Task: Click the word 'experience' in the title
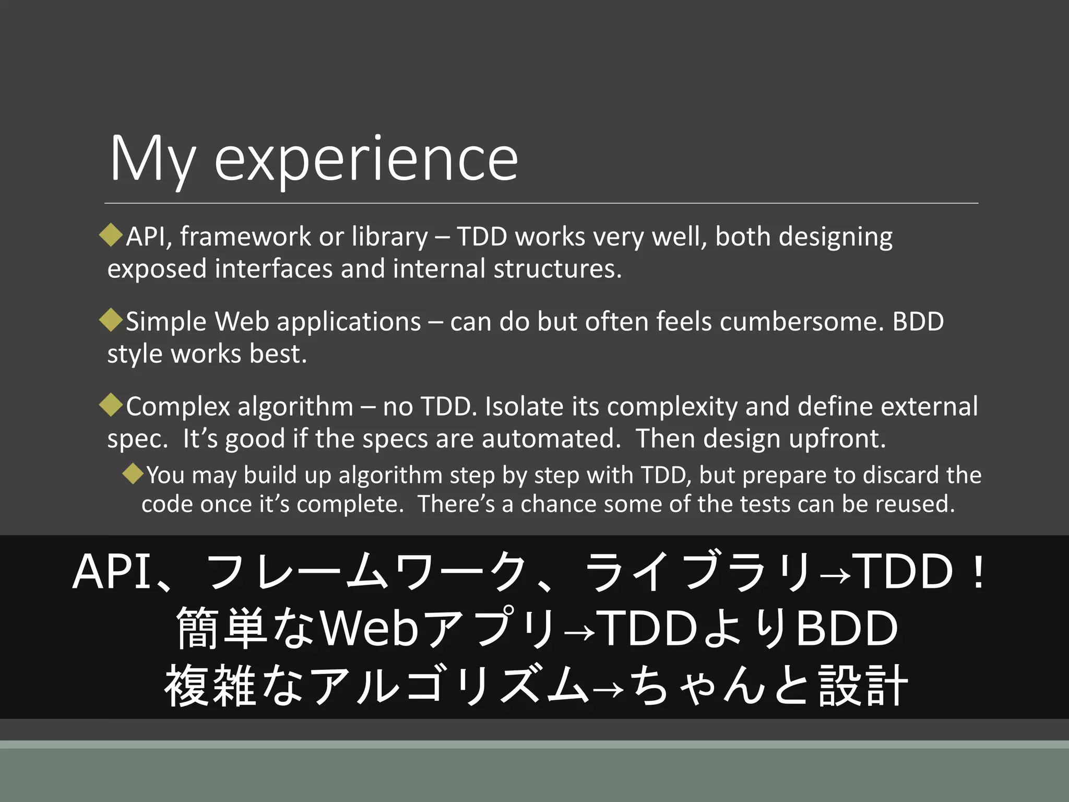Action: pos(366,159)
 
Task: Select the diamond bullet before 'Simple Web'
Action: pos(111,320)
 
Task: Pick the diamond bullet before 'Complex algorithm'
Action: pos(111,405)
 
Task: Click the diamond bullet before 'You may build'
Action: pos(133,474)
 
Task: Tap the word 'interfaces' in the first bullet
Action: pos(274,269)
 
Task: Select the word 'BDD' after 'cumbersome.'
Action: pos(918,322)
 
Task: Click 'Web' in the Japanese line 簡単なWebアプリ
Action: pos(369,629)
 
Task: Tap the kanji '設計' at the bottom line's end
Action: pos(863,686)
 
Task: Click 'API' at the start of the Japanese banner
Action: pos(112,572)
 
